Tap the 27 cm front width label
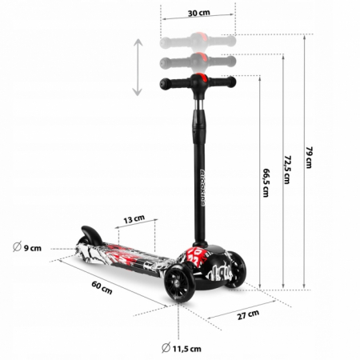[249, 314]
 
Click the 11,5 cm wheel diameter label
[186, 348]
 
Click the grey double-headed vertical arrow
[138, 67]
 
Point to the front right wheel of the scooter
[235, 274]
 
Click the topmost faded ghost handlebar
[199, 38]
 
